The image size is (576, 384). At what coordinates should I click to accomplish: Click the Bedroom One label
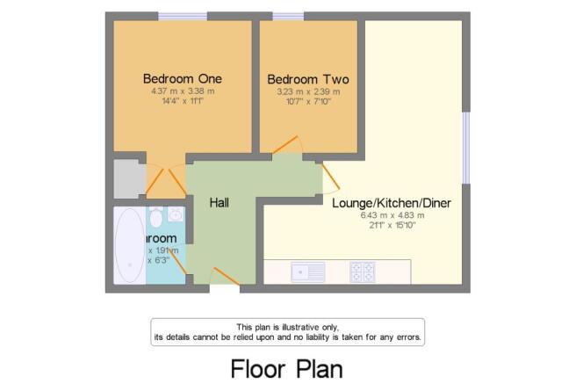(x=183, y=78)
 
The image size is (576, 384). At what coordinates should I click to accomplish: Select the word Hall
(x=220, y=202)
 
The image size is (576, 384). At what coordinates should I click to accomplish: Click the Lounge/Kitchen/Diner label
(x=391, y=203)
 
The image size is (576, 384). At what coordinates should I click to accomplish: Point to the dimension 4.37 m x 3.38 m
(x=183, y=91)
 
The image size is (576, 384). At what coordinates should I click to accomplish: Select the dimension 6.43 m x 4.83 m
(x=392, y=215)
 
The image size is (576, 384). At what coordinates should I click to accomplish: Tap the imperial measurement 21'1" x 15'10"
(x=392, y=226)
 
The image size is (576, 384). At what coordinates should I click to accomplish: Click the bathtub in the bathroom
(x=128, y=245)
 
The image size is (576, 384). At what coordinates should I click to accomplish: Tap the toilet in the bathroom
(x=155, y=216)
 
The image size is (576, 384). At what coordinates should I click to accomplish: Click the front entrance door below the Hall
(x=225, y=286)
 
